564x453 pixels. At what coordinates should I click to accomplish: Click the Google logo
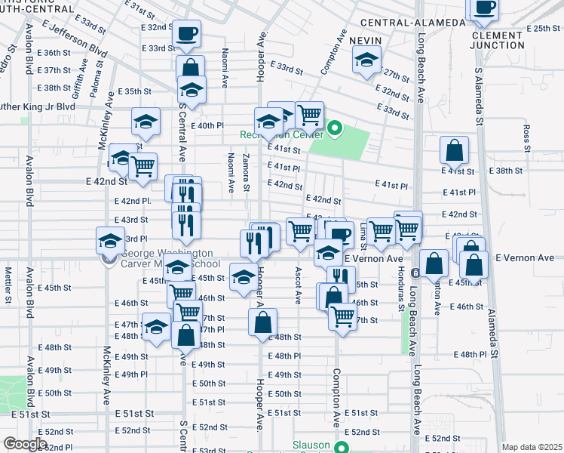25,444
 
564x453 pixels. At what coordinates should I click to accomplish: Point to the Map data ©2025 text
532,447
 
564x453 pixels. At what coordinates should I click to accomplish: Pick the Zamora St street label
247,171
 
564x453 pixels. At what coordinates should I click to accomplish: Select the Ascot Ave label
299,285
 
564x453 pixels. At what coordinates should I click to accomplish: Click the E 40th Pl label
208,126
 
